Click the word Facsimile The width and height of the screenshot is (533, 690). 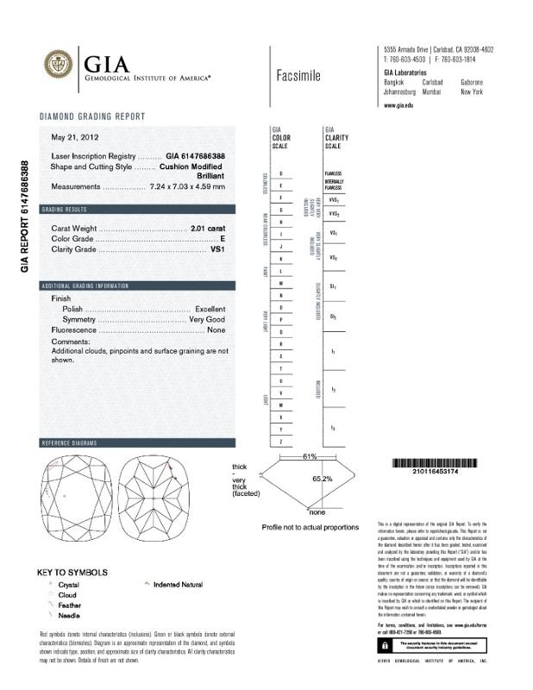click(x=298, y=76)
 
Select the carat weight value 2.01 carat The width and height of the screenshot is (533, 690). click(x=207, y=228)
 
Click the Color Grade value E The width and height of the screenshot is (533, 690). click(x=223, y=238)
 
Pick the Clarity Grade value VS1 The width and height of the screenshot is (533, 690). click(x=217, y=249)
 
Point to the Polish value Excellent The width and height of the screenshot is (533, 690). click(x=210, y=308)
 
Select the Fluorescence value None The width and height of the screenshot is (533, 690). click(x=216, y=329)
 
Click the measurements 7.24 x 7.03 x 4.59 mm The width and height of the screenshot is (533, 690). click(x=187, y=186)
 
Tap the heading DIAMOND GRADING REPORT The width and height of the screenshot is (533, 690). click(x=92, y=116)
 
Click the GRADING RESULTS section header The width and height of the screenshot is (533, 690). click(x=65, y=210)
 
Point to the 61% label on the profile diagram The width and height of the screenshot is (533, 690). click(x=310, y=455)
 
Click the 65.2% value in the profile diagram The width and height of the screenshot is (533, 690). click(x=323, y=478)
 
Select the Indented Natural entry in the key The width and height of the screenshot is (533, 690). click(x=178, y=585)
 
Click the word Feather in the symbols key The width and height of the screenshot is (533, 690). click(x=71, y=605)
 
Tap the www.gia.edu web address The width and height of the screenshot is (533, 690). click(x=398, y=104)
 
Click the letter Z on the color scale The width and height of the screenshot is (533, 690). click(x=281, y=442)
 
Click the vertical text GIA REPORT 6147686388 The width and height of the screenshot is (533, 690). click(x=25, y=216)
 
